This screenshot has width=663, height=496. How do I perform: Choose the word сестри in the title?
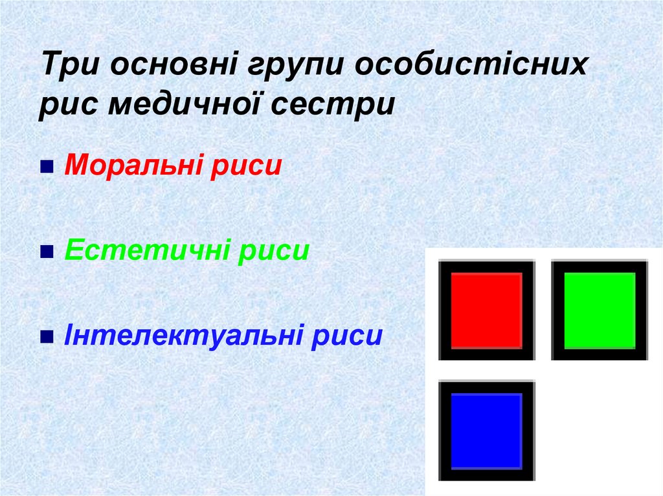[344, 103]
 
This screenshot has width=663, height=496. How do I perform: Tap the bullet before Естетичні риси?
[47, 253]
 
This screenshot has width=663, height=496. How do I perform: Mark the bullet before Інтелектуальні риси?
[47, 337]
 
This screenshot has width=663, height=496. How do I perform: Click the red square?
[486, 310]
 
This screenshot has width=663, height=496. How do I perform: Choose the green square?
[600, 310]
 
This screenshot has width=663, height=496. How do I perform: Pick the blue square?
[486, 430]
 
